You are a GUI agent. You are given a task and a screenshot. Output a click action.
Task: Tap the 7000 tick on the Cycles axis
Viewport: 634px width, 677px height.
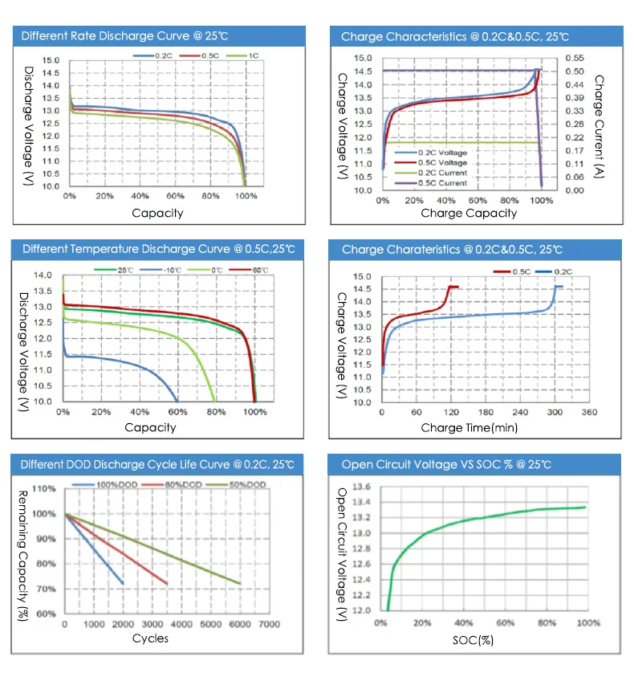click(269, 624)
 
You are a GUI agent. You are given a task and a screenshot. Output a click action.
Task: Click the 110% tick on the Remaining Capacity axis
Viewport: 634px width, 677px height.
click(44, 489)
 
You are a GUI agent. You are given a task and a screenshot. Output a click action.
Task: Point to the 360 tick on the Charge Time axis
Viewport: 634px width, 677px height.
click(589, 412)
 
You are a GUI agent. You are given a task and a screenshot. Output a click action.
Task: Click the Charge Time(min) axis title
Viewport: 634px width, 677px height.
click(469, 428)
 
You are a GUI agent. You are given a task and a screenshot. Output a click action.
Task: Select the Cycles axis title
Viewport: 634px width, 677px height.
click(150, 638)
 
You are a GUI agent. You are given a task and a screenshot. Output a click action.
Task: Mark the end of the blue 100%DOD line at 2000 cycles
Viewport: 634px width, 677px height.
click(123, 584)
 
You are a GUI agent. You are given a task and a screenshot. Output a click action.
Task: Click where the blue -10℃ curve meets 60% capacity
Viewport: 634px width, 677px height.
click(177, 401)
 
